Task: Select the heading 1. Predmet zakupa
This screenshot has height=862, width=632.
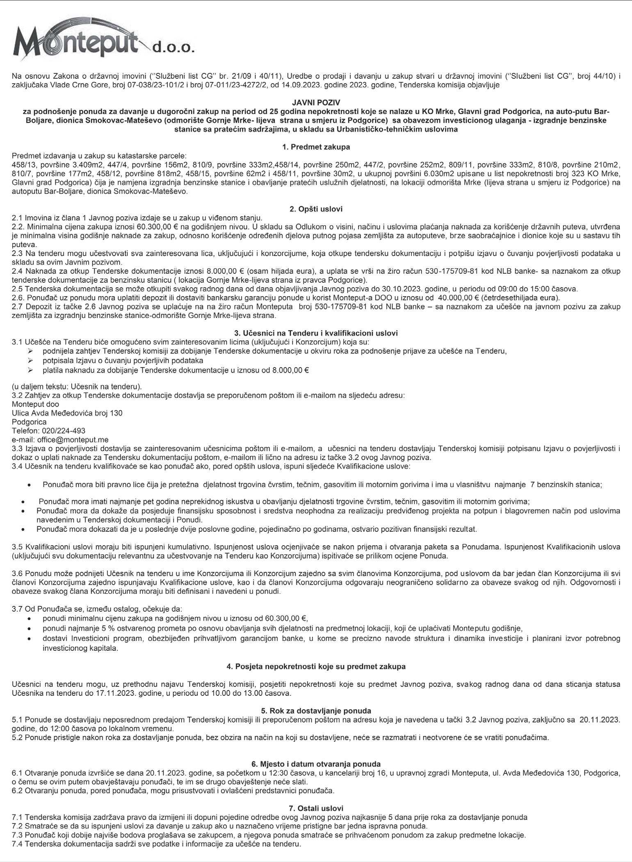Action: [316, 146]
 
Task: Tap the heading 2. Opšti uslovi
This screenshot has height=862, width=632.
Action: [316, 209]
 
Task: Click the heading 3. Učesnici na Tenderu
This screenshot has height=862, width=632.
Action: [316, 333]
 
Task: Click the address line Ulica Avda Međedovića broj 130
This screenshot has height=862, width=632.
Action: [67, 413]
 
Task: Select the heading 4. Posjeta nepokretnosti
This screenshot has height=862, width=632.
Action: [316, 666]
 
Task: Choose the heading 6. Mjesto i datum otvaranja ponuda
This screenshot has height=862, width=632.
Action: [316, 764]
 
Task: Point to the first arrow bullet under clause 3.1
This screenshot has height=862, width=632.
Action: [30, 351]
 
